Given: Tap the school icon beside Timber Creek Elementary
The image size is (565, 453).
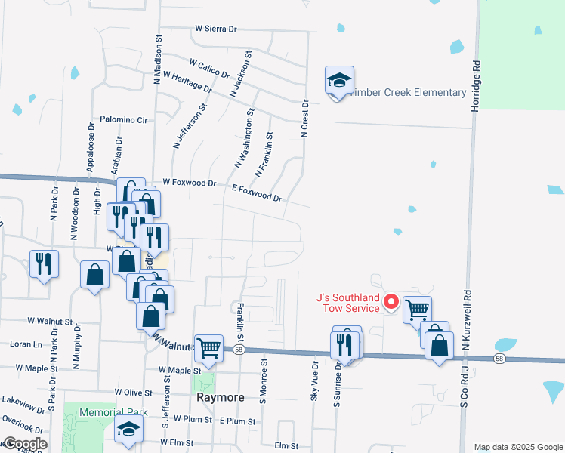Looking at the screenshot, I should point(340,80).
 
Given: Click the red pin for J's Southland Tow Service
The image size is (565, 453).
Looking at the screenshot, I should point(391,302).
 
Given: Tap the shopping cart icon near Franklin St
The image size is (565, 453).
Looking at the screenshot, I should point(208,348).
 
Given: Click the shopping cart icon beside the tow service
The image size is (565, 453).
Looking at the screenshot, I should point(417,309).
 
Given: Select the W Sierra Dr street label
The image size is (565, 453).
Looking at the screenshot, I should point(216,28).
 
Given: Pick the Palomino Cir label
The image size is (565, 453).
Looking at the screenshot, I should point(123,119).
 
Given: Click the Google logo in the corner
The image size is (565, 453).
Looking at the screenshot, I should point(24,444).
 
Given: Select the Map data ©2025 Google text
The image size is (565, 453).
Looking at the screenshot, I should point(518,447).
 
